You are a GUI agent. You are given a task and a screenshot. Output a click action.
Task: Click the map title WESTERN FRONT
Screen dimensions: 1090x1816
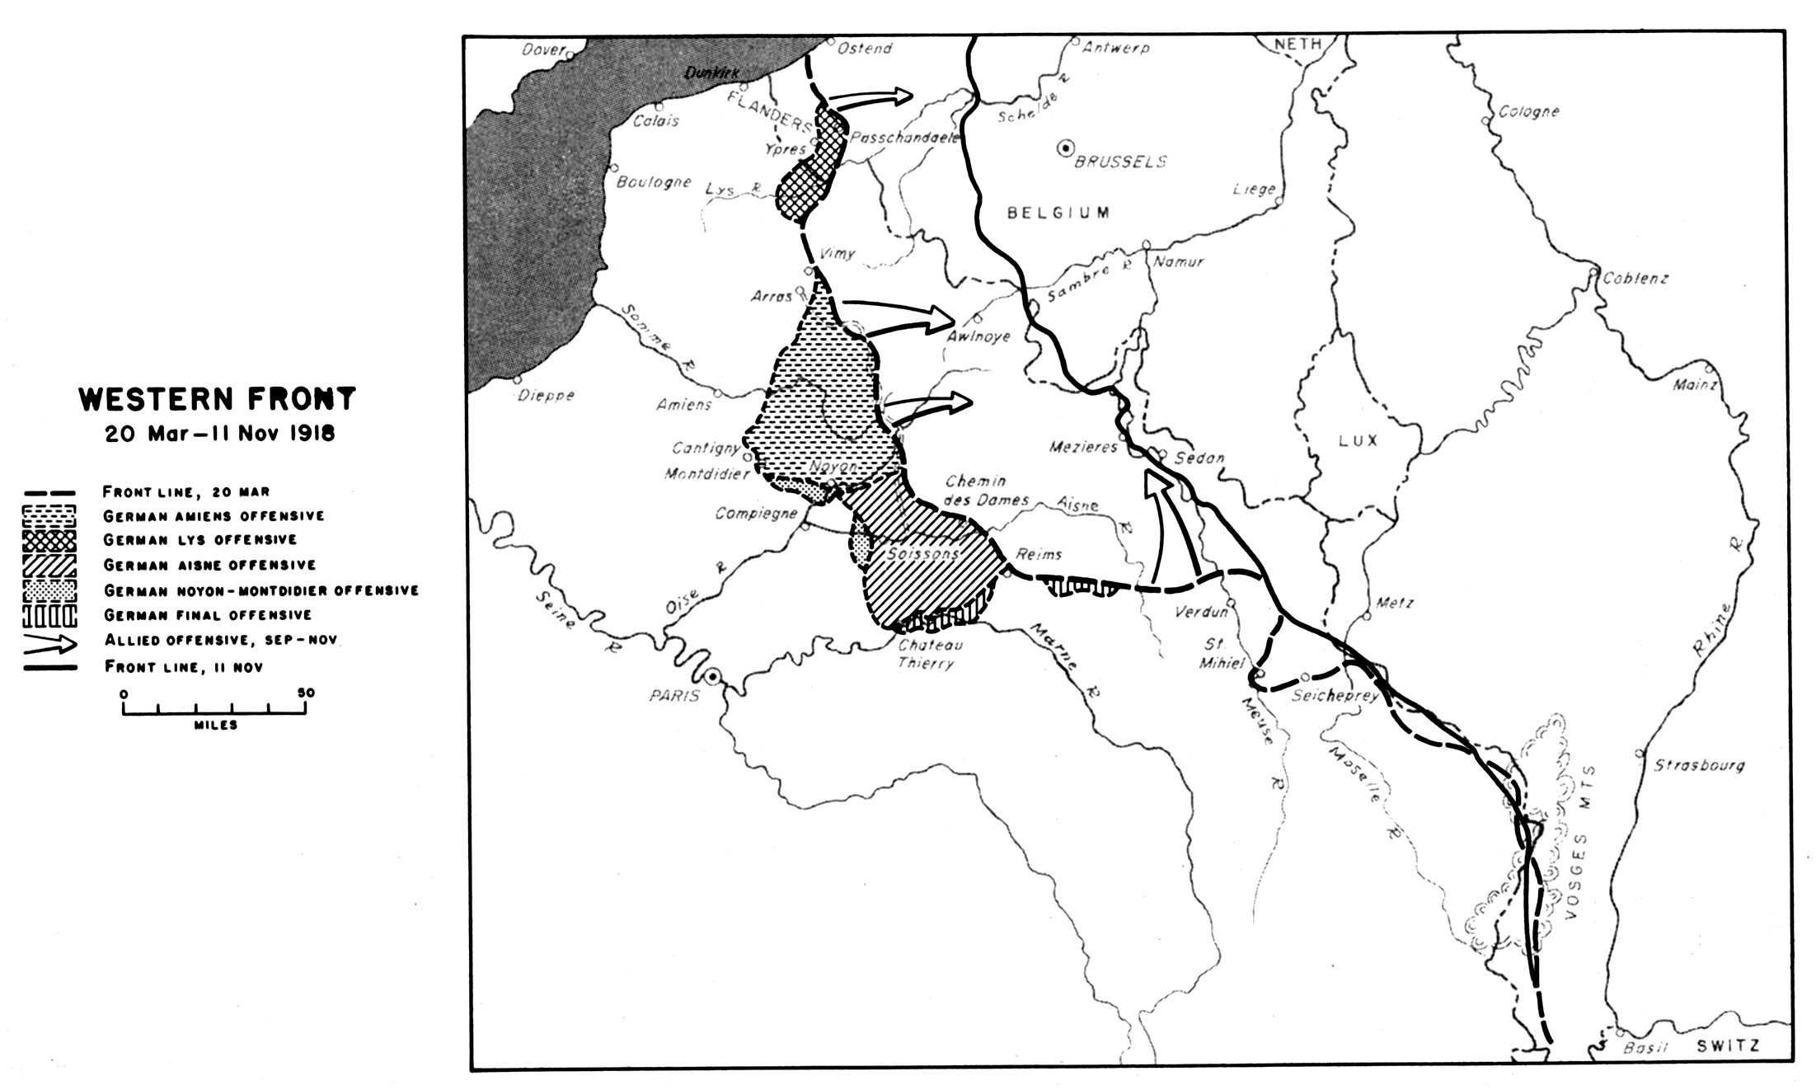point(217,399)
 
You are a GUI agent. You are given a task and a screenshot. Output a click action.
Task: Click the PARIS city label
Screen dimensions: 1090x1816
point(673,696)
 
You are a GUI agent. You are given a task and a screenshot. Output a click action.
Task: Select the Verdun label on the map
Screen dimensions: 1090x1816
point(1200,612)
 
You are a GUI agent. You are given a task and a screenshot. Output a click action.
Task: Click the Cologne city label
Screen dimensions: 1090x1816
point(1528,111)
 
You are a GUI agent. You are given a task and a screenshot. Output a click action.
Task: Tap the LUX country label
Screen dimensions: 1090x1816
point(1358,440)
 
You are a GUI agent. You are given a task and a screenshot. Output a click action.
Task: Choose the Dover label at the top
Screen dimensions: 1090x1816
point(542,50)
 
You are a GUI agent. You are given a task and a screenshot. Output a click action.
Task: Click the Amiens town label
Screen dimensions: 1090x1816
point(683,405)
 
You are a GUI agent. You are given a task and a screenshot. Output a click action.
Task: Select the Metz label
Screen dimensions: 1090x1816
point(1395,604)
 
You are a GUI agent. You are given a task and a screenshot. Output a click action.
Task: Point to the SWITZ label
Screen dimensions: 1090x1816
point(1728,1046)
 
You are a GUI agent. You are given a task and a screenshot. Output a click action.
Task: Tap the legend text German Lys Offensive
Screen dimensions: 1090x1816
point(199,539)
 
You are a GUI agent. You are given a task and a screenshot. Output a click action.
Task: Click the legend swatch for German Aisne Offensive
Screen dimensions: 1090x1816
point(49,565)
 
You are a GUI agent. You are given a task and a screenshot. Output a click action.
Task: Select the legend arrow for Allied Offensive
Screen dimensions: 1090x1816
point(49,641)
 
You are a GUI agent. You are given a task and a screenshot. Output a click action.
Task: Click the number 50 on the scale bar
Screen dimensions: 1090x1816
point(306,693)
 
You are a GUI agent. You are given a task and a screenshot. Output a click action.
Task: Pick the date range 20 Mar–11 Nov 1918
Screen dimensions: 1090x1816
point(219,434)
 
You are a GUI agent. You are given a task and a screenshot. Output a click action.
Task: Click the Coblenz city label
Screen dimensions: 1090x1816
point(1635,279)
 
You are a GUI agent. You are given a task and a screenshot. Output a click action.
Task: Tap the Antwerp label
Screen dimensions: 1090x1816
point(1115,48)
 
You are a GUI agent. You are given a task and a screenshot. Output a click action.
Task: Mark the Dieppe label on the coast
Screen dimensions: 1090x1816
point(546,396)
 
